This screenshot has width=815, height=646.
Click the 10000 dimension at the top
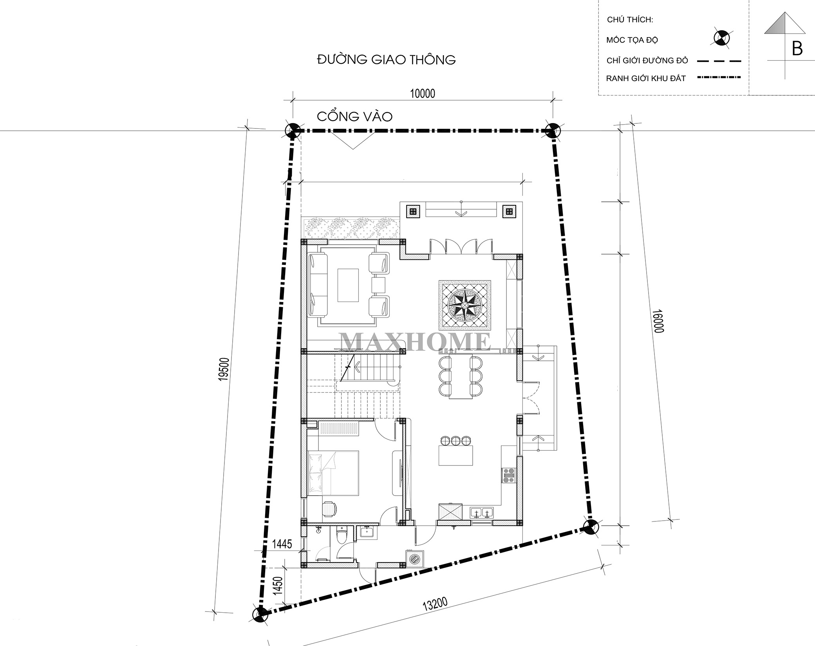pyautogui.click(x=422, y=94)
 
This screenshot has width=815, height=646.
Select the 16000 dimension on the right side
pyautogui.click(x=658, y=321)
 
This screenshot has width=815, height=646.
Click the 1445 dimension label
pyautogui.click(x=282, y=544)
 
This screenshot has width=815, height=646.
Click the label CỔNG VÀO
pyautogui.click(x=354, y=117)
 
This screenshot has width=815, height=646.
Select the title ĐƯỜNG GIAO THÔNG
pyautogui.click(x=386, y=60)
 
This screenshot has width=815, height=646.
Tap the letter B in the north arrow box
pyautogui.click(x=797, y=49)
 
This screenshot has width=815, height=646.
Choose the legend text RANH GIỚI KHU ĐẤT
pyautogui.click(x=646, y=78)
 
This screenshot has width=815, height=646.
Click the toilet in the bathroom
pyautogui.click(x=342, y=535)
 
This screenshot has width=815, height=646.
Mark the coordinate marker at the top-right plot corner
pyautogui.click(x=553, y=130)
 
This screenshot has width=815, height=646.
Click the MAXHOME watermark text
pyautogui.click(x=415, y=342)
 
